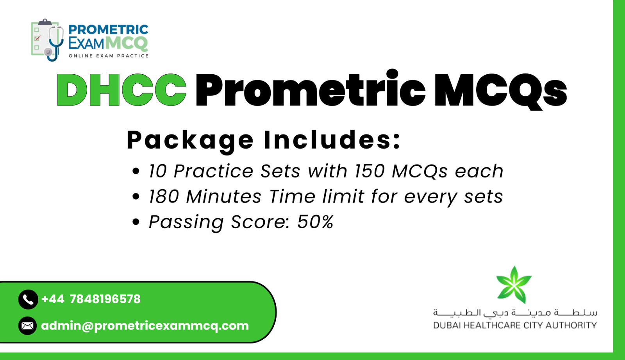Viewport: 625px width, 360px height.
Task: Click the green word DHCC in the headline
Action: [x=121, y=90]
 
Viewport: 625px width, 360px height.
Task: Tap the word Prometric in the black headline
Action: [x=310, y=90]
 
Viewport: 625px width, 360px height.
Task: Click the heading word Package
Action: [x=190, y=140]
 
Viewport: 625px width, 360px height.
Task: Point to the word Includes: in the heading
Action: [x=332, y=140]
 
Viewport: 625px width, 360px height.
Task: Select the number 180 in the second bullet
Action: [x=164, y=197]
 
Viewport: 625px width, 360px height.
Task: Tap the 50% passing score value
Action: [x=315, y=222]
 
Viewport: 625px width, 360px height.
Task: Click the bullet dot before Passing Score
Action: [x=136, y=222]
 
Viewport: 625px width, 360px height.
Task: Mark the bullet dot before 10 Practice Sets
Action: [x=136, y=171]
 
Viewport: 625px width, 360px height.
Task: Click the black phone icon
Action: [x=28, y=299]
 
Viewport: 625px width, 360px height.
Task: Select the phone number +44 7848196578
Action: [x=91, y=299]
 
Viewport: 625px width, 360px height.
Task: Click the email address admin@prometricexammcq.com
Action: [x=145, y=326]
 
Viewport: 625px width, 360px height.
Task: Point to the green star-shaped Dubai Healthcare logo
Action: [x=514, y=285]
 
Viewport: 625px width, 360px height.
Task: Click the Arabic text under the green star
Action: [x=515, y=312]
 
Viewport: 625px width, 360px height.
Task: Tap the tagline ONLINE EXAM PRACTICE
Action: [x=109, y=56]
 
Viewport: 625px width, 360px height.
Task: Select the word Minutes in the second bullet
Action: [x=223, y=197]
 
